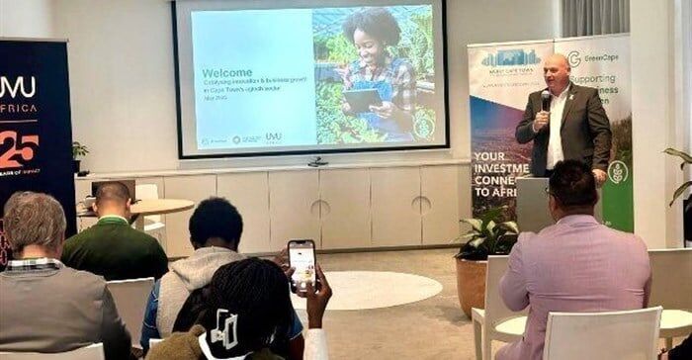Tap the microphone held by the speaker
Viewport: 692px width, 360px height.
coord(545,99)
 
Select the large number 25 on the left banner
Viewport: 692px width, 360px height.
coord(19,148)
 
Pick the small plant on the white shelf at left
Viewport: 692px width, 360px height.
coord(79,154)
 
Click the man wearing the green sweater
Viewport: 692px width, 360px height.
coord(114,237)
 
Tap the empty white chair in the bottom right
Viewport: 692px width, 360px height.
coord(603,336)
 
